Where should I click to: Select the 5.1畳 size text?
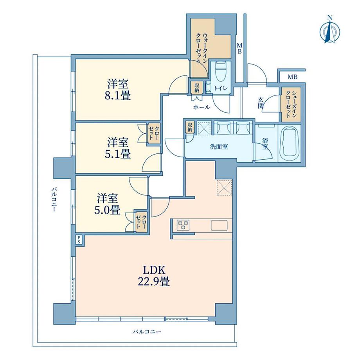click(x=118, y=154)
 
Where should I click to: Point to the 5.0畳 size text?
click(x=107, y=210)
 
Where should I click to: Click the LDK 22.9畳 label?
click(x=154, y=276)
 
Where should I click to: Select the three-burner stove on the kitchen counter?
click(x=183, y=225)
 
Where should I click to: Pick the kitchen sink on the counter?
click(x=219, y=225)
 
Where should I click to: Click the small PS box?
click(x=79, y=239)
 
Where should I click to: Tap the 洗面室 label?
click(x=219, y=147)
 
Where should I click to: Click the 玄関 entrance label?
click(x=261, y=103)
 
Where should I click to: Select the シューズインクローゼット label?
click(x=291, y=104)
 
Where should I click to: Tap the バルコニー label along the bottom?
click(x=147, y=331)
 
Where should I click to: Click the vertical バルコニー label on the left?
click(x=54, y=200)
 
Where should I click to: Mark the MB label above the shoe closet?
click(x=293, y=77)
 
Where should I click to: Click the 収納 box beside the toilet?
click(x=197, y=88)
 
